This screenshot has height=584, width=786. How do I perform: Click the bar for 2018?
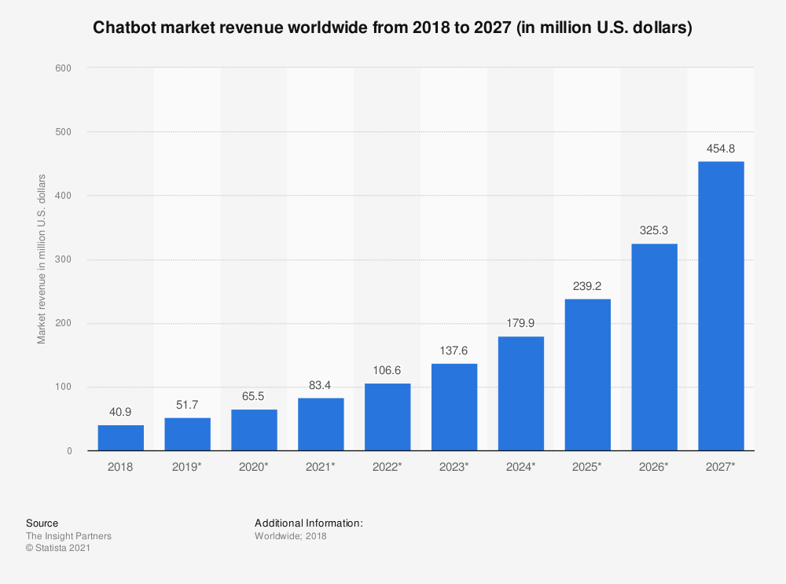pos(121,438)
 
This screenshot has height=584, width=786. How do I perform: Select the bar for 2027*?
pos(721,306)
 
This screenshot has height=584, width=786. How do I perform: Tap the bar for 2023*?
pos(454,407)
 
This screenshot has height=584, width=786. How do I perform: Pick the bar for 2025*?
pos(587,375)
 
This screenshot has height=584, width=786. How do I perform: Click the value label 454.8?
pos(721,149)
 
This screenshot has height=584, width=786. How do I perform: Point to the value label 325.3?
pos(654,231)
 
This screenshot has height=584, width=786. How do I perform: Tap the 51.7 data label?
pos(187,406)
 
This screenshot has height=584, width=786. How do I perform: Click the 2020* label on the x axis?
pos(254,467)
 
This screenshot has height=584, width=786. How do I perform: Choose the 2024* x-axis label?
pos(520,467)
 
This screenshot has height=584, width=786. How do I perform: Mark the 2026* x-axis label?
pos(654,467)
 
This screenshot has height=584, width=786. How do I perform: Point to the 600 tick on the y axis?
pos(64,68)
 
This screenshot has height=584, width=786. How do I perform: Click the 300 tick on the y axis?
pos(64,259)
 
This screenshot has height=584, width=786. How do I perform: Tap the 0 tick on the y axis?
pos(69,451)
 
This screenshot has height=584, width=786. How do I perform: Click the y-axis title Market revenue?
pos(42,259)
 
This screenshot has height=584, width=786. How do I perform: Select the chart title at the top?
pos(392,29)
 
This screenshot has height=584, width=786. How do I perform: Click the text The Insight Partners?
pos(68,536)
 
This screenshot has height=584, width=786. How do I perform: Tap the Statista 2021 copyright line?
pos(58,549)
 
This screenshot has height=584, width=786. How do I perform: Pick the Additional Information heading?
pos(309,523)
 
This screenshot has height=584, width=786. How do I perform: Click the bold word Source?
pos(42,523)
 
